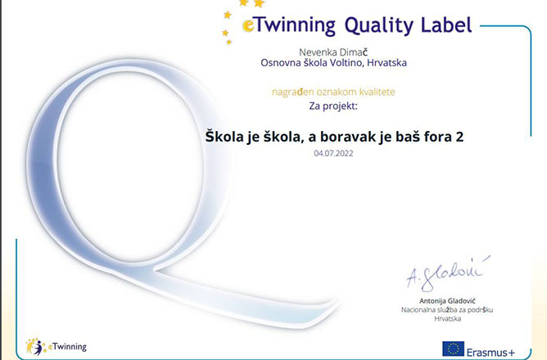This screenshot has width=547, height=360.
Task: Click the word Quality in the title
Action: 379,25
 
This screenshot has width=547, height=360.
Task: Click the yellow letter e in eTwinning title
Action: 248,25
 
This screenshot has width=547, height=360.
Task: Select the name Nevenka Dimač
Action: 333,52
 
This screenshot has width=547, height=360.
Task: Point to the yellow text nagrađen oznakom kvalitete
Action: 333,92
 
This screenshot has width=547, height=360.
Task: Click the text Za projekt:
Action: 333,106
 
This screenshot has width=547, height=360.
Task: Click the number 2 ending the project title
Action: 459,137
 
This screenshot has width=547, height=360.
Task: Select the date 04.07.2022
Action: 333,153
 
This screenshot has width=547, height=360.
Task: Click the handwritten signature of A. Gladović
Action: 448,274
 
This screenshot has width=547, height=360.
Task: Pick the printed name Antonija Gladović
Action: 447,301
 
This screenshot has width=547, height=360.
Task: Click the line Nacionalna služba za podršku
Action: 447,310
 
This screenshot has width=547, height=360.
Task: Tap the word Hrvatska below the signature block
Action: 448,318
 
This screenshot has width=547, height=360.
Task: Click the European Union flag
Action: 453,349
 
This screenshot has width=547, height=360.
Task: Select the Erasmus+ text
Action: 490,352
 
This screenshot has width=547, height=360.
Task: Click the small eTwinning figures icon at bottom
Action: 35,347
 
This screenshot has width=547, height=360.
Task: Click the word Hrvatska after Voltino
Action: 387,63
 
